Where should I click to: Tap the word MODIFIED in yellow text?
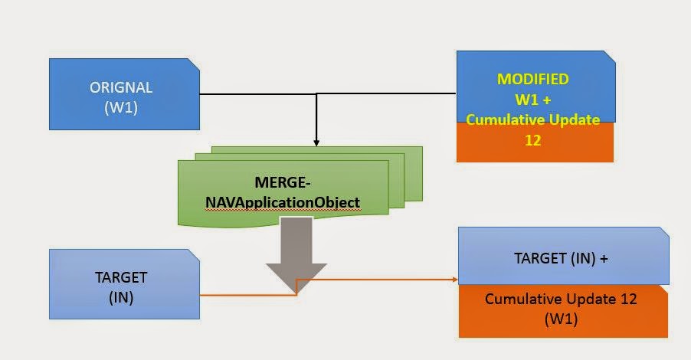point(533,79)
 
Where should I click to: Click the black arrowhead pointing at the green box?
point(316,142)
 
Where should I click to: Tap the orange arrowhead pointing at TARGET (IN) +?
point(454,279)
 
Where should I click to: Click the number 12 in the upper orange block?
point(533,140)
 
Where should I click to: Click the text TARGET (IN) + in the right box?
point(562,259)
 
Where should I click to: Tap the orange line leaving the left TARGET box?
point(245,294)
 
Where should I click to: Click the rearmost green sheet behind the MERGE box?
point(414,165)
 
